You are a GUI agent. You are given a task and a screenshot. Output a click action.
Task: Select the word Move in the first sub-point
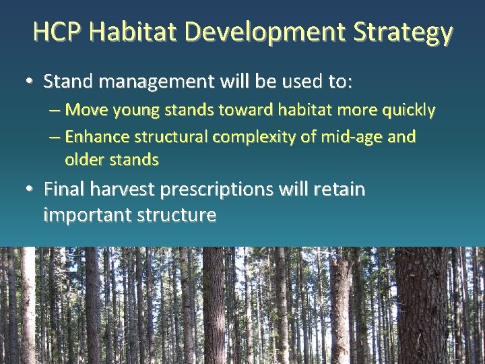82,109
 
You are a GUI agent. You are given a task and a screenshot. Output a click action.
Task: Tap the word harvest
123,189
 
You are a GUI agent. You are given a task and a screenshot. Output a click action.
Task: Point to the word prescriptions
219,189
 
